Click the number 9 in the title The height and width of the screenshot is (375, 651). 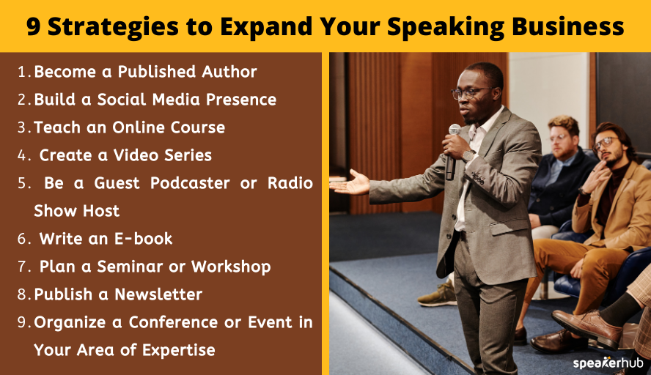(34, 26)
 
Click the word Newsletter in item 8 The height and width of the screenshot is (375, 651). (160, 294)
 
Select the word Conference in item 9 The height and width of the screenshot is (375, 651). (174, 322)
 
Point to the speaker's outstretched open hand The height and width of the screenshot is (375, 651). (350, 184)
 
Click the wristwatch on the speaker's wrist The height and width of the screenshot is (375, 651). (468, 155)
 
